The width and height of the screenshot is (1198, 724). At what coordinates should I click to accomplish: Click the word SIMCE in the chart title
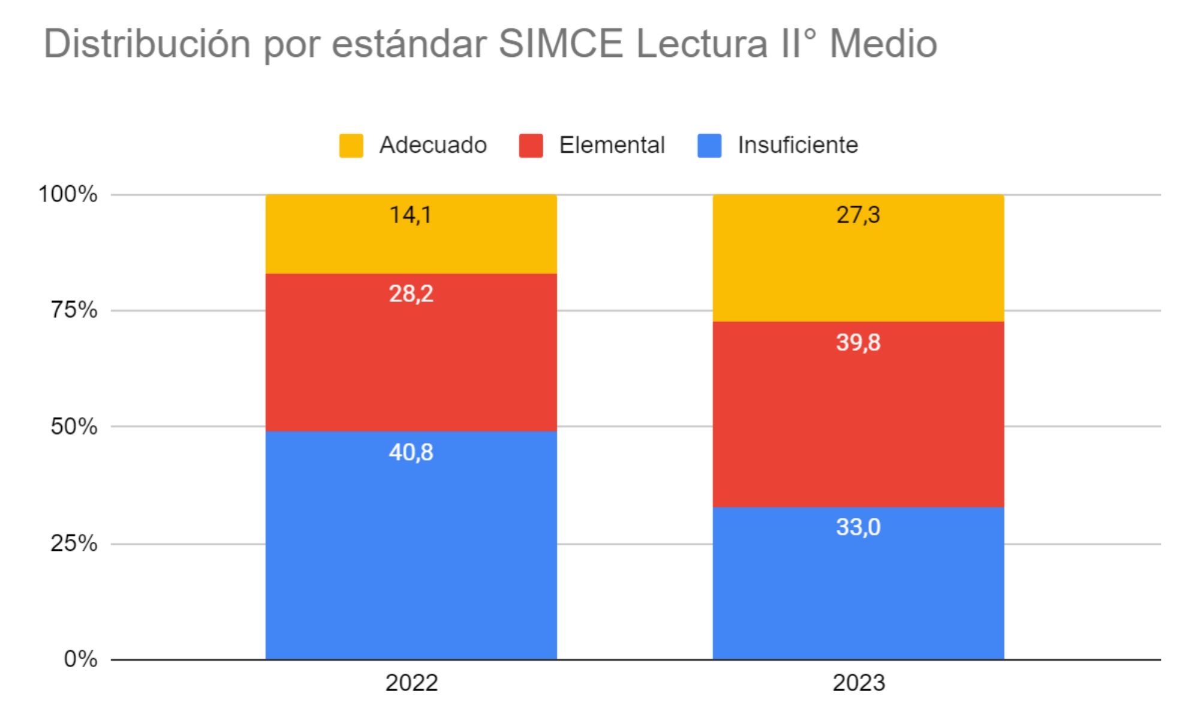click(561, 44)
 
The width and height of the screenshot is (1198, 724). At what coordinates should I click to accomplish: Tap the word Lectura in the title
click(702, 44)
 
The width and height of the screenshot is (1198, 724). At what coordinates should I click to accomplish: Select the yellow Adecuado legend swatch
click(351, 146)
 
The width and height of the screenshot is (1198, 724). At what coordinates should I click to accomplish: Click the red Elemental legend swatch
click(531, 146)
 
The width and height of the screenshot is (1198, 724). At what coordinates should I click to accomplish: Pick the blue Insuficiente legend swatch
click(709, 146)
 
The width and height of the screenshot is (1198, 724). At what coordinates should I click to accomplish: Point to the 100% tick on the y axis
click(68, 194)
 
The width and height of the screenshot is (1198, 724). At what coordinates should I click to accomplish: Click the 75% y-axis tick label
click(74, 310)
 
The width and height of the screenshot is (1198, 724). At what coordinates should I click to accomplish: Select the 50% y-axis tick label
click(74, 426)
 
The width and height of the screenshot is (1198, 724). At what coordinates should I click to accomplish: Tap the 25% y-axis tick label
click(74, 543)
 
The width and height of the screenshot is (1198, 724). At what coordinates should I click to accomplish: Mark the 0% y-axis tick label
click(80, 659)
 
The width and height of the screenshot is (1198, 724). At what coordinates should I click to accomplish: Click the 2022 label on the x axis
click(411, 683)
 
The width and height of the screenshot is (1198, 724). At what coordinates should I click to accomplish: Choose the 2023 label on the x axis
click(859, 683)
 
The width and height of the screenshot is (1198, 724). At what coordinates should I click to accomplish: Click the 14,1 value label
click(411, 215)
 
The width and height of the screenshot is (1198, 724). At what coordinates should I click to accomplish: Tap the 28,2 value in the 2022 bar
click(411, 294)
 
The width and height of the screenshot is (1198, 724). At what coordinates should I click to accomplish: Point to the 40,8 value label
click(411, 452)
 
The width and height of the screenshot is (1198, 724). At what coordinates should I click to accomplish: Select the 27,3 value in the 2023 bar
click(858, 215)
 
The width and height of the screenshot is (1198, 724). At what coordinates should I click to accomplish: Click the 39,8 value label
click(858, 342)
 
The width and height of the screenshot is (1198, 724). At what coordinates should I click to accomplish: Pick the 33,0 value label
click(858, 527)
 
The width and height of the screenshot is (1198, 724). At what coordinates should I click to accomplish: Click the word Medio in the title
click(883, 44)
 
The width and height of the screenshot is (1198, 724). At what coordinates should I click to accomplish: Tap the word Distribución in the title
click(147, 44)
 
